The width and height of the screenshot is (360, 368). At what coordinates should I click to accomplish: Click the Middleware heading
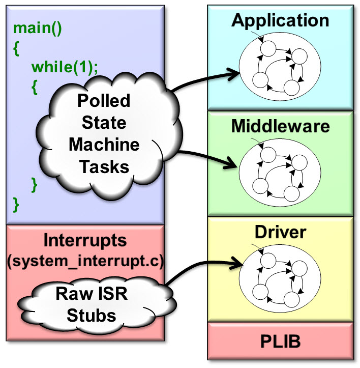(x=281, y=126)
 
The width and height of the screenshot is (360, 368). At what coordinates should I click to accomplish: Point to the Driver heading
(x=280, y=233)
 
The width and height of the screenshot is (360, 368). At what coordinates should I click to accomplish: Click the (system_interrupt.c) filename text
(x=84, y=262)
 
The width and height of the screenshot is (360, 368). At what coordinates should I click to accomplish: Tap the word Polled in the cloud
(x=103, y=101)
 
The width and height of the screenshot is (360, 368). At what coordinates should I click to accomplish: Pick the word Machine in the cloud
(x=104, y=145)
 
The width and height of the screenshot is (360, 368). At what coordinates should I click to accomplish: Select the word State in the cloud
(x=103, y=123)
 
